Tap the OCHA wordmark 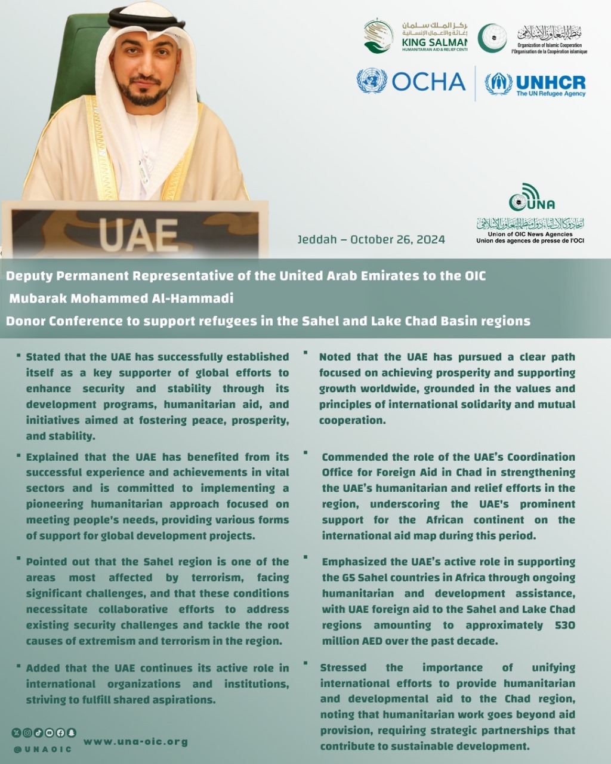428,82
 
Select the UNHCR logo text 550,83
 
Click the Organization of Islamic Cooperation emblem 492,38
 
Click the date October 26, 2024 397,239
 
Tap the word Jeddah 316,239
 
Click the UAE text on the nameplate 138,234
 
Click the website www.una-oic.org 135,741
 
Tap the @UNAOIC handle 42,749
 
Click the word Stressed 342,667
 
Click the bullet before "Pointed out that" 19,559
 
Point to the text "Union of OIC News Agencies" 530,235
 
